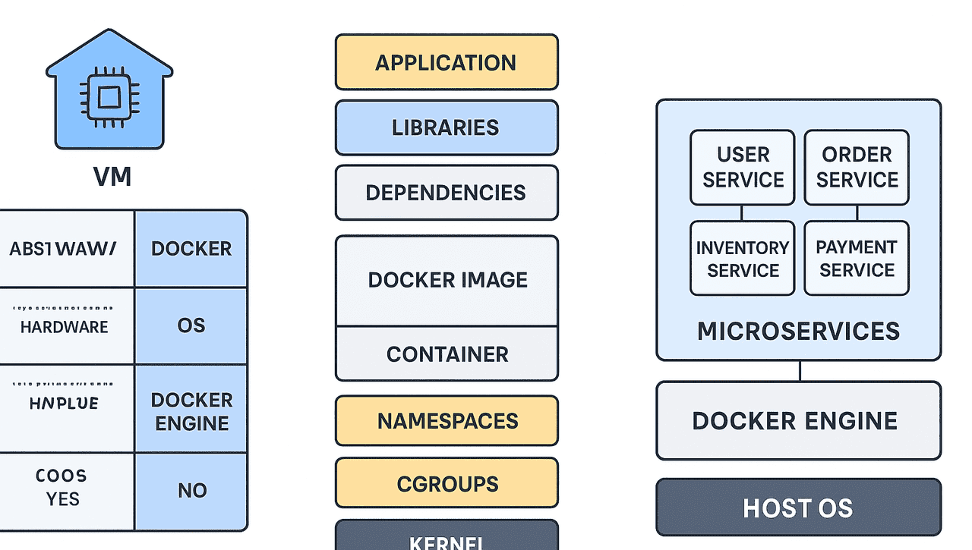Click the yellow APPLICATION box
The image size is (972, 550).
(447, 62)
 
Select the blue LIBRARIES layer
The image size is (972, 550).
(447, 127)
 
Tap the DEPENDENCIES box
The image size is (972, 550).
(447, 193)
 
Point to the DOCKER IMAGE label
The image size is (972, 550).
(447, 280)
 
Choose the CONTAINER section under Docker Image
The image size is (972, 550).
(447, 354)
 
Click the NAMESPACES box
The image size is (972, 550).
(447, 421)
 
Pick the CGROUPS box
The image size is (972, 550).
(447, 484)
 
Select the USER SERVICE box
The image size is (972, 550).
(743, 168)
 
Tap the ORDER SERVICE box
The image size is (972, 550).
(857, 168)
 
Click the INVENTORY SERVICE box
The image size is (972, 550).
(743, 259)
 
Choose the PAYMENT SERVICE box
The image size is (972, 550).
(857, 259)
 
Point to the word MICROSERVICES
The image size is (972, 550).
(798, 332)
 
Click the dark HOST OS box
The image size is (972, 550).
(798, 508)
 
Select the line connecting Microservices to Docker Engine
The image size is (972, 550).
(799, 371)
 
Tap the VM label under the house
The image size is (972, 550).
(112, 177)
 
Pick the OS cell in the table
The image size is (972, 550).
(191, 325)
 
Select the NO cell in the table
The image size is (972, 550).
(191, 491)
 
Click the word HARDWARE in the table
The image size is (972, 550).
(64, 327)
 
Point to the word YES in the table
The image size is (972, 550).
(62, 499)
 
